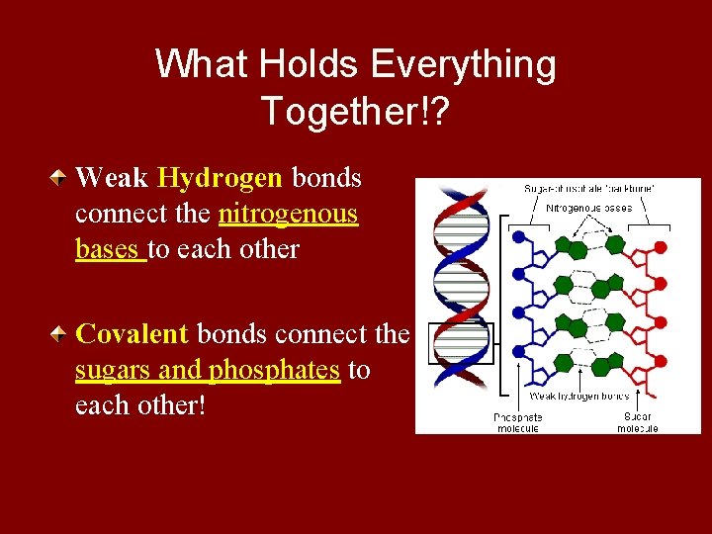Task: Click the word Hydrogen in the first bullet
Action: tap(220, 178)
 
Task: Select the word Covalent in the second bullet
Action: tap(132, 334)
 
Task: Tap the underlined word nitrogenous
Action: tap(288, 214)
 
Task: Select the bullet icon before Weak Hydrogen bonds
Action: tap(62, 179)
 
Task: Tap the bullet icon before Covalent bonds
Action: tap(62, 335)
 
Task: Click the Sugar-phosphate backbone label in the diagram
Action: tap(590, 188)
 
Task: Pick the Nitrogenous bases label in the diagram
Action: tap(590, 208)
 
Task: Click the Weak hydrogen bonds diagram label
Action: tap(579, 396)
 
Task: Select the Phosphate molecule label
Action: tap(517, 422)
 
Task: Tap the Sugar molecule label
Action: tap(637, 422)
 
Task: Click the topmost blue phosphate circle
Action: tap(517, 237)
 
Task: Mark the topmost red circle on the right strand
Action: tap(661, 247)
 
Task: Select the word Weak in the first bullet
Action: tap(111, 178)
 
